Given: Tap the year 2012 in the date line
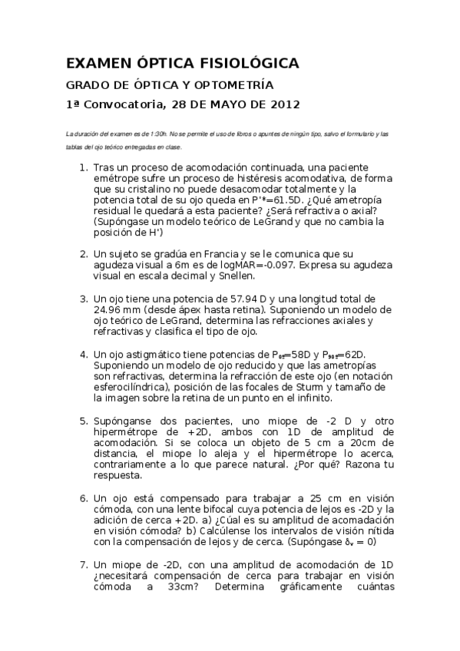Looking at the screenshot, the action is [282, 104].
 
